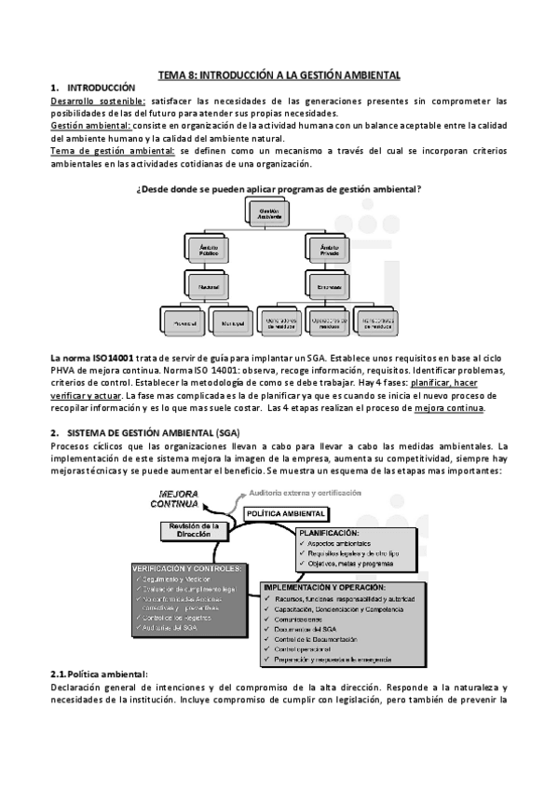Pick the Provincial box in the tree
point(183,321)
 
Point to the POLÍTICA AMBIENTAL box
point(286,513)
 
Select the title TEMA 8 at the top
point(279,73)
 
